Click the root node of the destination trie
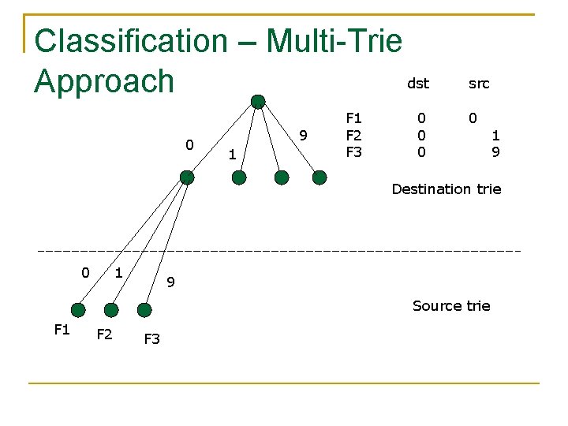[258, 100]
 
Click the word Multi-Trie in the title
[334, 41]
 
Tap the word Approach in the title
[104, 80]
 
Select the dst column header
[418, 83]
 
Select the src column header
[479, 83]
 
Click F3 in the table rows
[354, 151]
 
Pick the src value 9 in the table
[495, 151]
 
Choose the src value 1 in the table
[495, 135]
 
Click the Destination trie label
[447, 189]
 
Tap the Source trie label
[451, 305]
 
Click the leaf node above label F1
[77, 309]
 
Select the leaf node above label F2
[111, 310]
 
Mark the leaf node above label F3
[144, 310]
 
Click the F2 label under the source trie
[103, 334]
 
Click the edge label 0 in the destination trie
[189, 144]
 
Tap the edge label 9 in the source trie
[170, 282]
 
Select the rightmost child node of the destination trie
[319, 177]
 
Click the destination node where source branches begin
[186, 177]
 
